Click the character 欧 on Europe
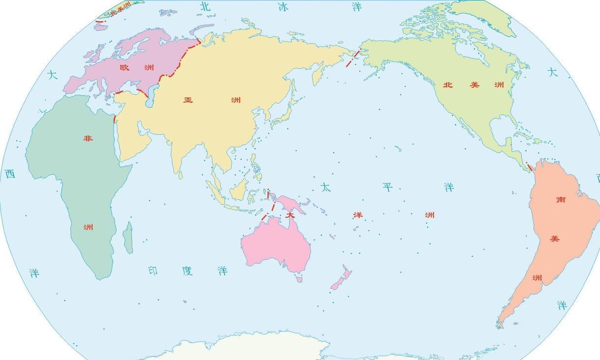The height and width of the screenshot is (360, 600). (x=124, y=67)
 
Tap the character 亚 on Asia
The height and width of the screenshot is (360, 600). (x=188, y=100)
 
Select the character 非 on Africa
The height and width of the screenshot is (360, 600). (x=88, y=138)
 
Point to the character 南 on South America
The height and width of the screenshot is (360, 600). (x=561, y=200)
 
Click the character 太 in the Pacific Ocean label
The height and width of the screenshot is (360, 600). (x=325, y=187)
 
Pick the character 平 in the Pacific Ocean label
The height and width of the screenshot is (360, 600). (x=388, y=187)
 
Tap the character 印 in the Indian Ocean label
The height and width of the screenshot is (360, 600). (x=153, y=270)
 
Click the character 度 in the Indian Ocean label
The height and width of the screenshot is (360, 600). (x=187, y=270)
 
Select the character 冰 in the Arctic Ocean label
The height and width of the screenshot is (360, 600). (x=283, y=6)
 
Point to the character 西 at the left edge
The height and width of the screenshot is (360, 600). (x=10, y=174)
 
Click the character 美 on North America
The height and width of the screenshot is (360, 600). (x=474, y=85)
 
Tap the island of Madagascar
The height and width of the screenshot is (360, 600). (x=128, y=238)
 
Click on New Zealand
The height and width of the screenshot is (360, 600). (x=340, y=279)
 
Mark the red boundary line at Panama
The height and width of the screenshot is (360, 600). (x=529, y=167)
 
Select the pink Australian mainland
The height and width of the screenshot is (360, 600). (x=275, y=243)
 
